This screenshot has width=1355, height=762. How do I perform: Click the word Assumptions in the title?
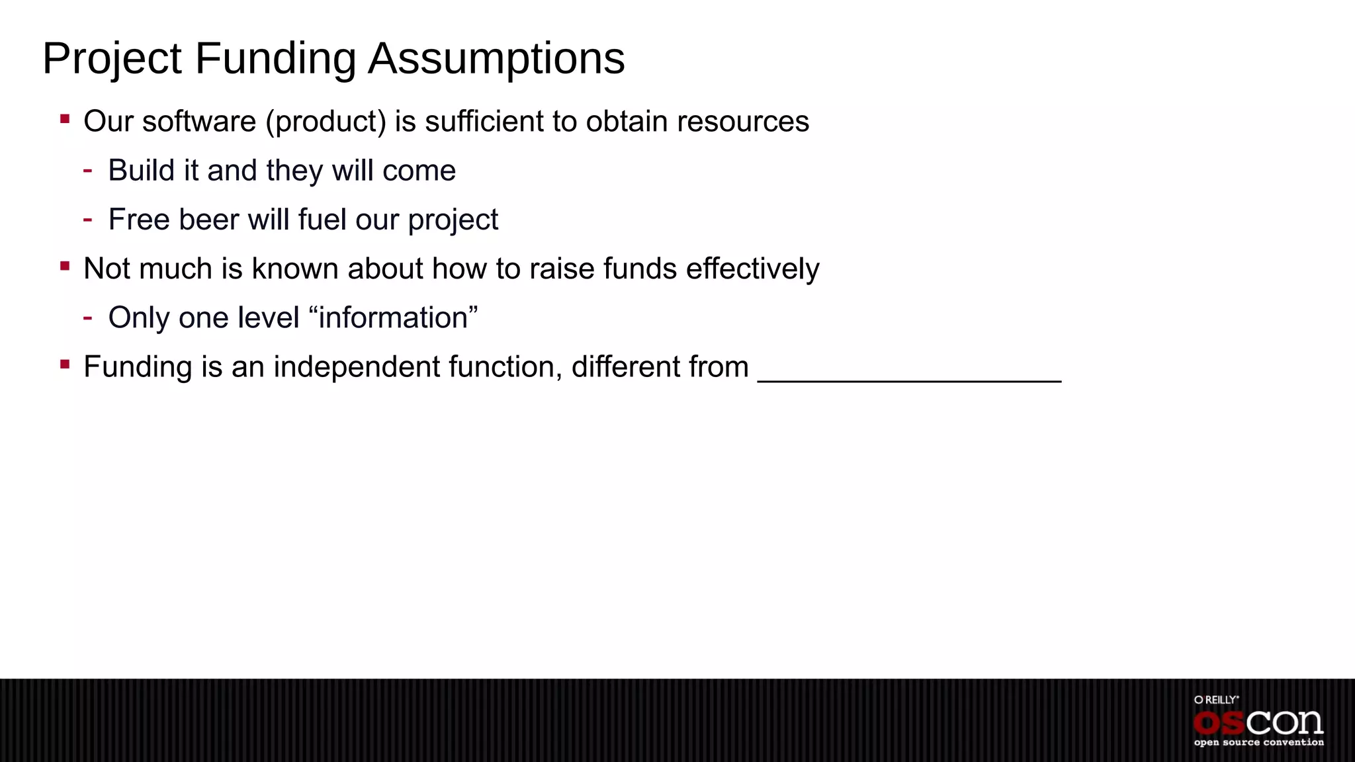click(x=496, y=60)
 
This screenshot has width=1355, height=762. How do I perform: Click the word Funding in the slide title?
click(x=275, y=60)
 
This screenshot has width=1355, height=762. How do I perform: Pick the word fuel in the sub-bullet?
click(x=323, y=220)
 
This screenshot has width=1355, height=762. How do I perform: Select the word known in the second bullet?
click(x=295, y=269)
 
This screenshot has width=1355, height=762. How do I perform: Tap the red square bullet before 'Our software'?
click(x=65, y=120)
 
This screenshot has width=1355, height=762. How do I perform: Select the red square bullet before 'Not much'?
click(x=65, y=267)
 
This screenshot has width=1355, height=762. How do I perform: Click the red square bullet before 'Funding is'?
click(x=65, y=364)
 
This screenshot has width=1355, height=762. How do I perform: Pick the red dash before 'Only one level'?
click(x=87, y=318)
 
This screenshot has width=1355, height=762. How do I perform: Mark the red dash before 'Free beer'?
click(x=87, y=220)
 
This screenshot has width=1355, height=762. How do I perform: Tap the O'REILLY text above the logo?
click(x=1216, y=700)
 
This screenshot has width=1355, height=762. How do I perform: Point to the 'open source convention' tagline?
click(x=1258, y=743)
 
